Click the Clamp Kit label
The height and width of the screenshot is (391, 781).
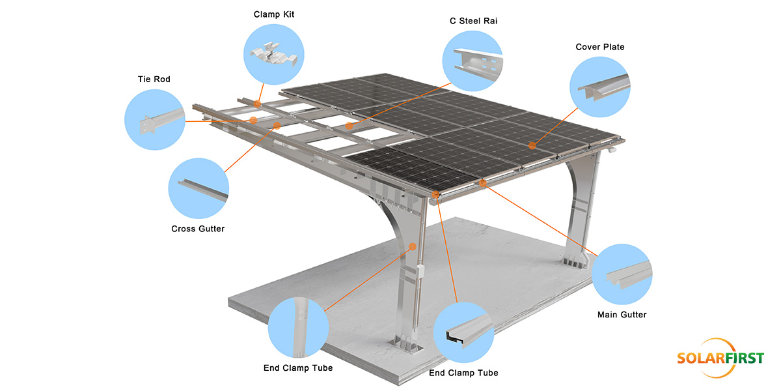pyautogui.click(x=275, y=14)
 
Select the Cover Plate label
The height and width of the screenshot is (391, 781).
pyautogui.click(x=599, y=47)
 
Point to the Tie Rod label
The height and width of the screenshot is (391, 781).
pyautogui.click(x=154, y=80)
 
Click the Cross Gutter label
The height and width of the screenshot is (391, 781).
pyautogui.click(x=198, y=229)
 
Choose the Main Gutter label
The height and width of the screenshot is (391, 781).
pyautogui.click(x=622, y=315)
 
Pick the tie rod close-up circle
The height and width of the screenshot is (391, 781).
pyautogui.click(x=154, y=118)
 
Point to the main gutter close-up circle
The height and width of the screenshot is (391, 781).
pyautogui.click(x=622, y=274)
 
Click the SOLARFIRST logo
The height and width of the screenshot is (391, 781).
pyautogui.click(x=720, y=358)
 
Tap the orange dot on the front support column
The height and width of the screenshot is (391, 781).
pyautogui.click(x=412, y=246)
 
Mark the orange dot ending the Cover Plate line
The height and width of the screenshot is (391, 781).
pyautogui.click(x=532, y=145)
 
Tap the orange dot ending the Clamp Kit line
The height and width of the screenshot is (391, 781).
pyautogui.click(x=258, y=103)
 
